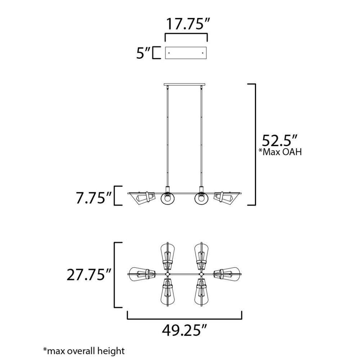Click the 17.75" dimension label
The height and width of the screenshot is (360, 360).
click(x=188, y=24)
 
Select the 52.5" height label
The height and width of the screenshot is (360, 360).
click(x=280, y=140)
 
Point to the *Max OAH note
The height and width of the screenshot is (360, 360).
click(x=280, y=152)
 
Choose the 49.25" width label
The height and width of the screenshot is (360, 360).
click(x=185, y=330)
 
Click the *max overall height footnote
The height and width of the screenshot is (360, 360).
click(x=84, y=351)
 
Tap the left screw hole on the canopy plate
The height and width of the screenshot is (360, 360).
click(x=169, y=53)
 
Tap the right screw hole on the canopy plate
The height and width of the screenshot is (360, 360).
click(x=202, y=53)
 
